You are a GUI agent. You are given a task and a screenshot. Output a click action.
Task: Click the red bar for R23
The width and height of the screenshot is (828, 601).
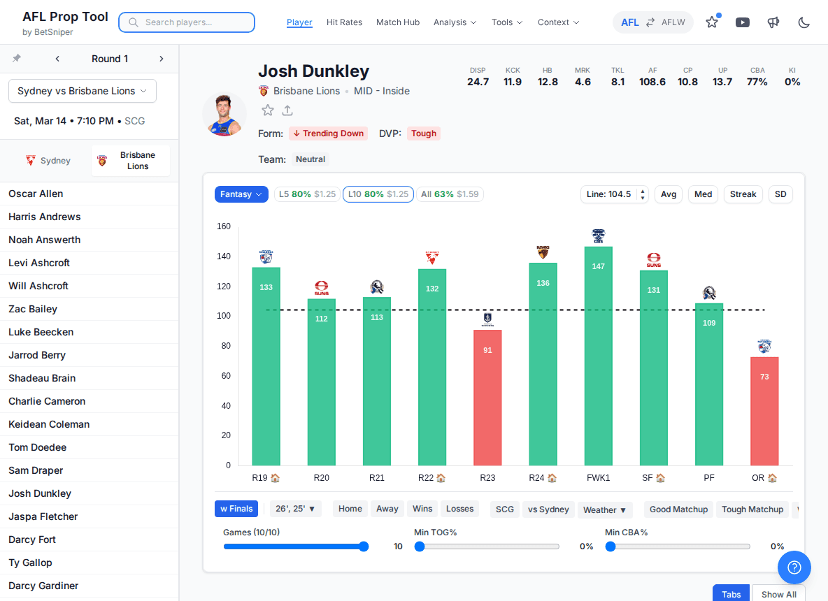(487, 397)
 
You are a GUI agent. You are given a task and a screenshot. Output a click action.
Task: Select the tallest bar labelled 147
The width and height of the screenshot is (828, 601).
(598, 356)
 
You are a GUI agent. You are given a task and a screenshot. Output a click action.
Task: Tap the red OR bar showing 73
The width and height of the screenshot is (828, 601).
(764, 411)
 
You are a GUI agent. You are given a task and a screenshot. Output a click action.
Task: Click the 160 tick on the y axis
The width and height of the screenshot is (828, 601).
(224, 226)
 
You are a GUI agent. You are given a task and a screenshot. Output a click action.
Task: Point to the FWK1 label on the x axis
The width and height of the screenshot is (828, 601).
(598, 478)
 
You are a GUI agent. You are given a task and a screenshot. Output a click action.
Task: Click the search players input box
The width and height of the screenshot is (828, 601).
(187, 22)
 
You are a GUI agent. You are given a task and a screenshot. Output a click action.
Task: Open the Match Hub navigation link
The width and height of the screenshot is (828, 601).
(398, 22)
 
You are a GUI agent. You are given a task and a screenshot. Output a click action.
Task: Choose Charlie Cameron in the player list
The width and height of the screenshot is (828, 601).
(47, 401)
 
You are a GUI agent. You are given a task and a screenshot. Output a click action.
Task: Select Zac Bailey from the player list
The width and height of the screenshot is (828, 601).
(33, 309)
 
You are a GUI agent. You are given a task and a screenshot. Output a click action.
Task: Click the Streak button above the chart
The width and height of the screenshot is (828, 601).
(743, 194)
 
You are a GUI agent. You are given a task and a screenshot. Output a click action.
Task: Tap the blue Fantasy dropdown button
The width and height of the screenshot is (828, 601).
(241, 194)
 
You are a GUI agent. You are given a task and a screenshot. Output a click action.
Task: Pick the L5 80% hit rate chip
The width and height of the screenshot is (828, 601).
(306, 194)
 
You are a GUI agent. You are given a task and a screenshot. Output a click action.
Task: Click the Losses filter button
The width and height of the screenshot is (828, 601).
(459, 509)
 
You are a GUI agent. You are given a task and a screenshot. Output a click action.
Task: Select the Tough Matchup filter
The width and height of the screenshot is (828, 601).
(752, 509)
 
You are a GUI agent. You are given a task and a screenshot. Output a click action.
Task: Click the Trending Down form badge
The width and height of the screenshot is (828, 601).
(329, 133)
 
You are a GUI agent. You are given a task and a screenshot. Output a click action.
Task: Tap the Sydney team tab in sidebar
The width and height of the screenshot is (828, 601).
(48, 161)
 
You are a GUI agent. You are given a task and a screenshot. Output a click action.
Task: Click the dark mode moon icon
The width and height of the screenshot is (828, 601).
(804, 22)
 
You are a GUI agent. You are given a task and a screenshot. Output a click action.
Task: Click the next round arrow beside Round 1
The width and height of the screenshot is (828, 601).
(162, 59)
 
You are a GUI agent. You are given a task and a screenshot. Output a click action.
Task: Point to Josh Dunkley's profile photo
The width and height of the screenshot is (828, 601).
(224, 115)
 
